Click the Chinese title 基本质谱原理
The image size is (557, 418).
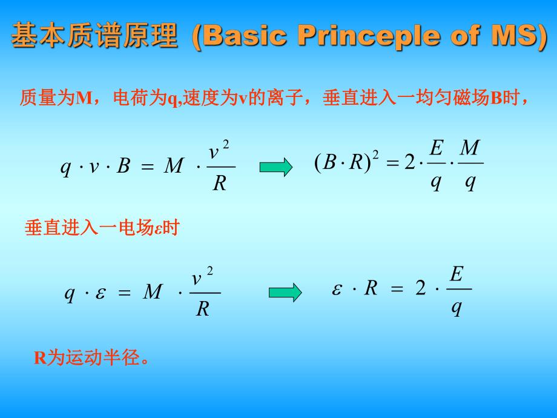click(96, 36)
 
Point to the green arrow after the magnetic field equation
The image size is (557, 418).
click(276, 168)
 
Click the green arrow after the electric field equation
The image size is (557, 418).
click(285, 292)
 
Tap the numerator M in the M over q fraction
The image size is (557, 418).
click(470, 147)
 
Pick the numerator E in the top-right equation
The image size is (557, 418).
click(436, 147)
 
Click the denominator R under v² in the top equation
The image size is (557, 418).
click(220, 184)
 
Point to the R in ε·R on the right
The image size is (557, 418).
click(371, 288)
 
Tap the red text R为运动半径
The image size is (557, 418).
click(91, 358)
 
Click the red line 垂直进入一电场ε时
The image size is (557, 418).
click(102, 228)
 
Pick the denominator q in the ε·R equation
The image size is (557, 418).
click(456, 307)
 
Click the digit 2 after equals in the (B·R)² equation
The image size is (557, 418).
click(409, 164)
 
